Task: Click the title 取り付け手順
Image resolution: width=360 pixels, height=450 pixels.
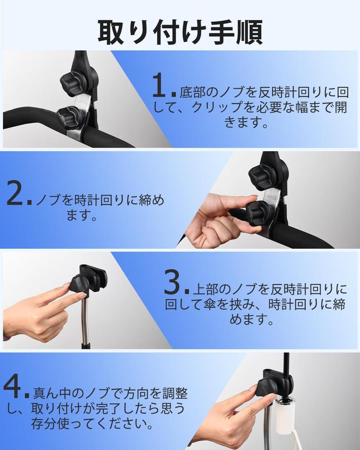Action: coord(180,31)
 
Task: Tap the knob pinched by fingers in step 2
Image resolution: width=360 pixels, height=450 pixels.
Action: coord(259,214)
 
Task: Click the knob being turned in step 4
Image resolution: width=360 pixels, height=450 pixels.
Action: coord(266,388)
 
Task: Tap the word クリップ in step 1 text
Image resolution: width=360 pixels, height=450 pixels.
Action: coord(219,108)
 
